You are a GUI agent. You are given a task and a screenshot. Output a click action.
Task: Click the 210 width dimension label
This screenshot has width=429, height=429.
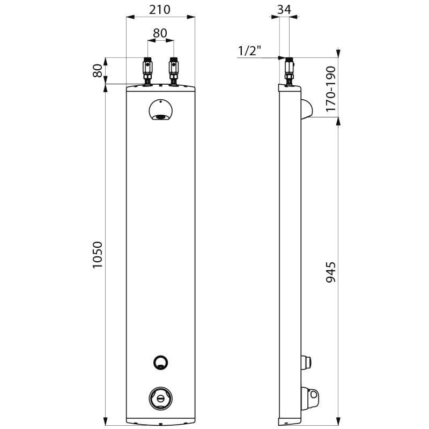160,10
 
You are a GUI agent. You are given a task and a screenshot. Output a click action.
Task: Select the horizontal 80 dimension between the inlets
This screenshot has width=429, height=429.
160,33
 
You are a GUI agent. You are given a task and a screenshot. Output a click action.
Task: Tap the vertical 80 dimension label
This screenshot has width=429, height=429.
98,71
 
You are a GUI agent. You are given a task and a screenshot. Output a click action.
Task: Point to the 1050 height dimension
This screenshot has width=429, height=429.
98,255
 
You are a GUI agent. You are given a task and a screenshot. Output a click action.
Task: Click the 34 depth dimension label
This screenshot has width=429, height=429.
284,10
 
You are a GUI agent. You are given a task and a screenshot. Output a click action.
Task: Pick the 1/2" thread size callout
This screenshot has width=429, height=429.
250,51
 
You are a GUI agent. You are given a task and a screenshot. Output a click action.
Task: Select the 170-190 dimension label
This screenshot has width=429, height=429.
331,89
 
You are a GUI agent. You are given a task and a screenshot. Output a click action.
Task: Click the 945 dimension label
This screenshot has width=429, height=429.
331,272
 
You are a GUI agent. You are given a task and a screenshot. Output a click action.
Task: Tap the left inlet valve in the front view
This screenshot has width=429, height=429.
148,71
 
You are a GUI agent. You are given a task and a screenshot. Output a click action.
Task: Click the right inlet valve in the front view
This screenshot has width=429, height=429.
174,71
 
